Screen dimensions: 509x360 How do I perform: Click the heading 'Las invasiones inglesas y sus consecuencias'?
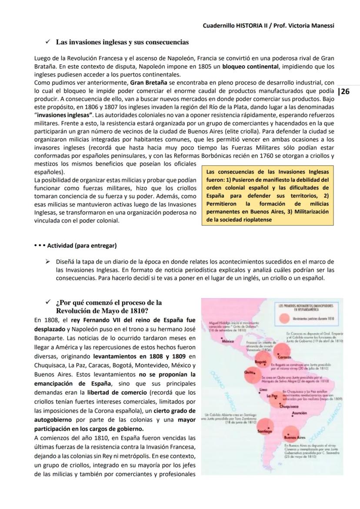pyautogui.click(x=122, y=42)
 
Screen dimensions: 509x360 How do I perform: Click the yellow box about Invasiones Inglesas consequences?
pyautogui.click(x=268, y=196)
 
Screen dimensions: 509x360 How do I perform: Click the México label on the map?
pyautogui.click(x=228, y=341)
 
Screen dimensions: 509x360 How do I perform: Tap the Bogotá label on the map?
pyautogui.click(x=260, y=362)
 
